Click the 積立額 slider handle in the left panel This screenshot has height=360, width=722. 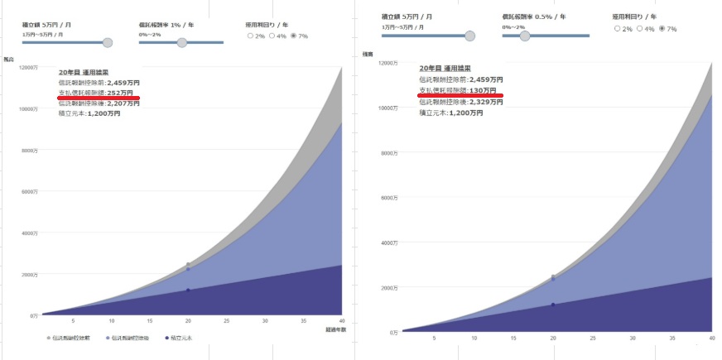(x=107, y=41)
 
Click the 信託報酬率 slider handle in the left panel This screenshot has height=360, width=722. (x=177, y=41)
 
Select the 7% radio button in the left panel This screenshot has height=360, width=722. (x=292, y=36)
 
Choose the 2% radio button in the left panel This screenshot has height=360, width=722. (x=251, y=36)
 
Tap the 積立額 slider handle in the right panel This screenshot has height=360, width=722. (x=470, y=36)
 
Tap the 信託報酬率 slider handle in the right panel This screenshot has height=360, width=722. (x=524, y=36)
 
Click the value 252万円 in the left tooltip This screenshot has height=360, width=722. (x=123, y=93)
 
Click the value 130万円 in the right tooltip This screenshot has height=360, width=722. (x=482, y=90)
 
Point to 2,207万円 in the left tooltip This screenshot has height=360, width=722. (x=124, y=103)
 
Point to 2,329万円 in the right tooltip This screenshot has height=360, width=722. (x=485, y=101)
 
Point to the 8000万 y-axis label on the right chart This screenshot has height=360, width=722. (x=388, y=154)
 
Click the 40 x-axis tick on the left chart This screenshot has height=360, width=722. (x=341, y=321)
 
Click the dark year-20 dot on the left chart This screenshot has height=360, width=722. (x=188, y=290)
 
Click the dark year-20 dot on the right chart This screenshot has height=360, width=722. (x=553, y=305)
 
